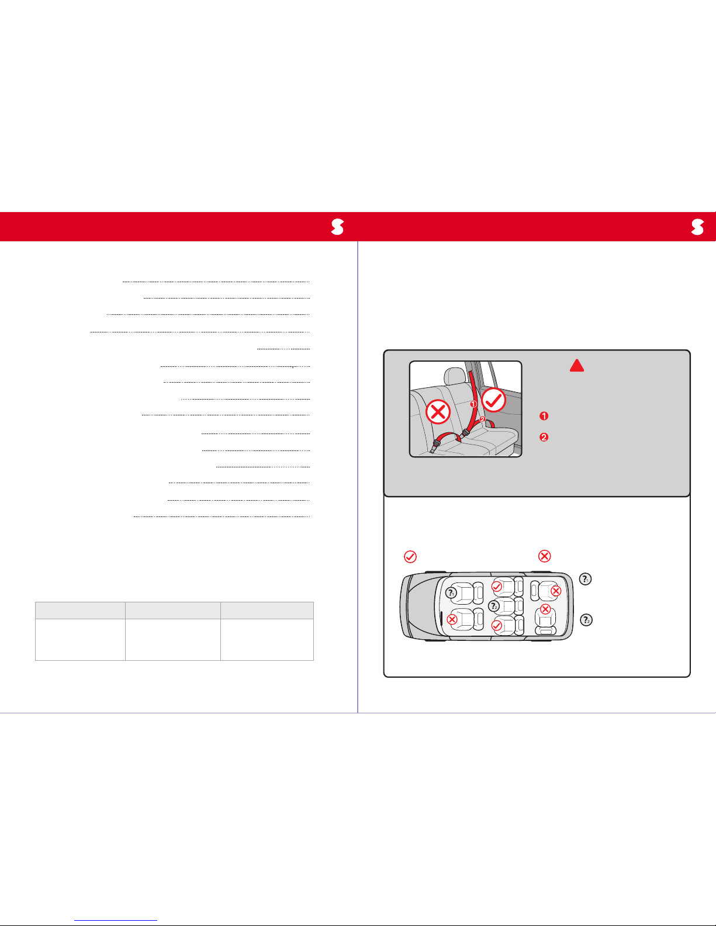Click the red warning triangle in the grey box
pos(577,366)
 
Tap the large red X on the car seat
pos(438,412)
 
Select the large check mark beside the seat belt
pos(493,400)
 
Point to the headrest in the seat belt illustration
pos(455,376)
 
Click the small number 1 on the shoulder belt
pos(473,404)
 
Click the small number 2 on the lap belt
pos(482,419)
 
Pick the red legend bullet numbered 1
pos(544,416)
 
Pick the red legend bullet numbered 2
pos(544,437)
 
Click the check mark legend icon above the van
pos(410,557)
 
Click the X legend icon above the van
pos(544,556)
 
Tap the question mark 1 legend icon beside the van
pos(585,579)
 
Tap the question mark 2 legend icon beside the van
pos(586,620)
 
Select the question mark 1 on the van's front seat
pos(451,593)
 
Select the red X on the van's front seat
pos(452,619)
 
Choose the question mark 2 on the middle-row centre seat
pos(493,605)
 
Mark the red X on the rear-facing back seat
pos(545,609)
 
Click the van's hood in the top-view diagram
pos(418,606)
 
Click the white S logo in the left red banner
pos(337,227)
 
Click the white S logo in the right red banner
pos(697,227)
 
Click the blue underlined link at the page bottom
pos(116,921)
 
